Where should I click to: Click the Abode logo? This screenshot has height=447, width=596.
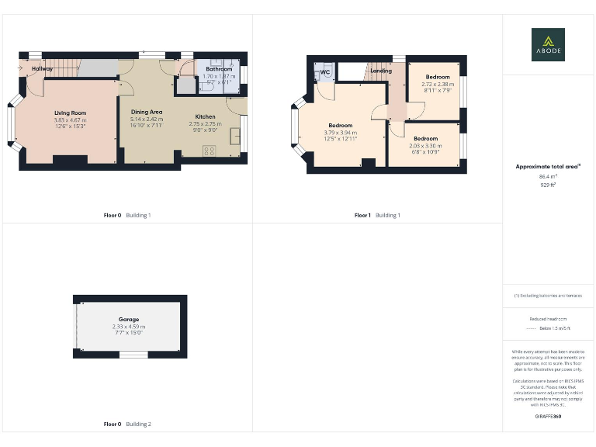coord(548,44)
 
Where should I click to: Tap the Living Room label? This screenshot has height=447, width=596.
coord(70,113)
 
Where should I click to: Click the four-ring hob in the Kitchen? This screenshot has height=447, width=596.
coord(210,151)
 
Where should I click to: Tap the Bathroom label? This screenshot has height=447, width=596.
coord(219,69)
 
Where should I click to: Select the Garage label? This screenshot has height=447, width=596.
coord(129,320)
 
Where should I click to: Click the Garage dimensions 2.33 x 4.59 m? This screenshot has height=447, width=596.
coord(129,327)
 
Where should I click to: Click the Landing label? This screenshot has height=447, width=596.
coord(381,71)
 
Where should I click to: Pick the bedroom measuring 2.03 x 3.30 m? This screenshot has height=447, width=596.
coord(425,145)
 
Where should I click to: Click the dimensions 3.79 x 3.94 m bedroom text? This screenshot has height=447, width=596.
coord(340,132)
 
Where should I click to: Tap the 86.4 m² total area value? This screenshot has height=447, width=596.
coord(548,177)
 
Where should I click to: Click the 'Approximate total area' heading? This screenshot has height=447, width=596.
coord(548,166)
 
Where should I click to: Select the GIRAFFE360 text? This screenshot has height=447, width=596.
coord(548,418)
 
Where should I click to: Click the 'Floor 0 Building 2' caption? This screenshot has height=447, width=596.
coord(127,424)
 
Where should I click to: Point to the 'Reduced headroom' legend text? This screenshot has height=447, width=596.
coord(548,319)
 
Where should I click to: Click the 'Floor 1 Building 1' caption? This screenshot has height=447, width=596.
coord(378,215)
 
